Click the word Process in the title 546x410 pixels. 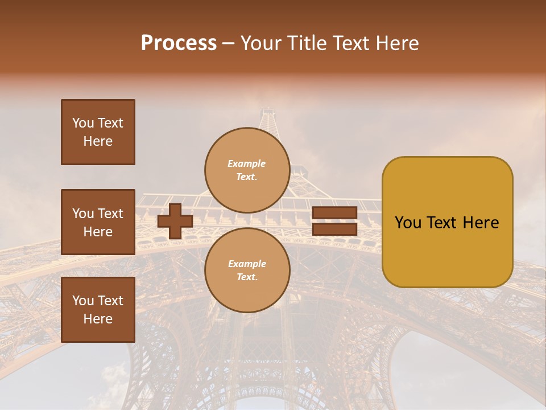coord(179,43)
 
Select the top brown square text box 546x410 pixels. coord(98,132)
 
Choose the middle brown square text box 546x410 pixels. coord(98,222)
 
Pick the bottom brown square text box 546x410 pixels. coord(98,310)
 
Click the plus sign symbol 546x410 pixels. coord(175,221)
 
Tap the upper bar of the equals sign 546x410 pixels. coord(334,213)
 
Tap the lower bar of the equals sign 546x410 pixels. coord(334,229)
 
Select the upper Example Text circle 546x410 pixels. coord(247,170)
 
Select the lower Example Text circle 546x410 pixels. coord(247,270)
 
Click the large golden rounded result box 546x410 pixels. coord(447,222)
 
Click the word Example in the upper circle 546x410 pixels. coord(247,163)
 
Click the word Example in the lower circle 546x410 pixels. coord(247,264)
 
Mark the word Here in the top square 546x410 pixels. coord(98,141)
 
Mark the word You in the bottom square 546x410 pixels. coord(83,301)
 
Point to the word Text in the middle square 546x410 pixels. coord(110,214)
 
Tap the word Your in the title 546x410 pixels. coord(259,43)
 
